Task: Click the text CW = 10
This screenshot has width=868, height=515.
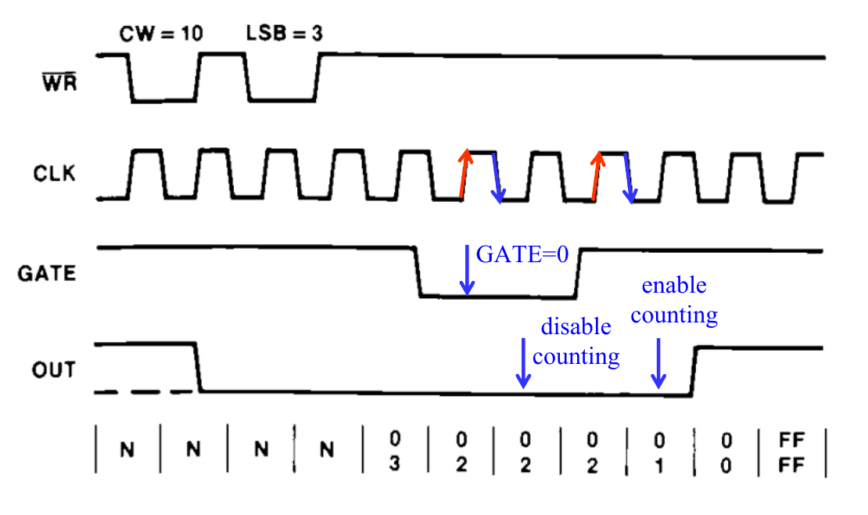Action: (x=161, y=34)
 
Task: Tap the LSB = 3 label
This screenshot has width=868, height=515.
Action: (x=285, y=34)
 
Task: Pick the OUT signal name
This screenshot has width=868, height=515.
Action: (x=54, y=369)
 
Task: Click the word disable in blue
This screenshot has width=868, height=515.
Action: (x=576, y=327)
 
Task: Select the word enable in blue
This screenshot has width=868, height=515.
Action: (x=673, y=286)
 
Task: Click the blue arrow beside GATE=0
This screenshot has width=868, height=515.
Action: (x=466, y=269)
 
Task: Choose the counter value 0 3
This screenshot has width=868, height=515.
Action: (x=394, y=451)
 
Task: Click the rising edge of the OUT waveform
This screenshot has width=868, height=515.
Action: (x=694, y=371)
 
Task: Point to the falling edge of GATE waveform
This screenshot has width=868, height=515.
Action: (x=416, y=272)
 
